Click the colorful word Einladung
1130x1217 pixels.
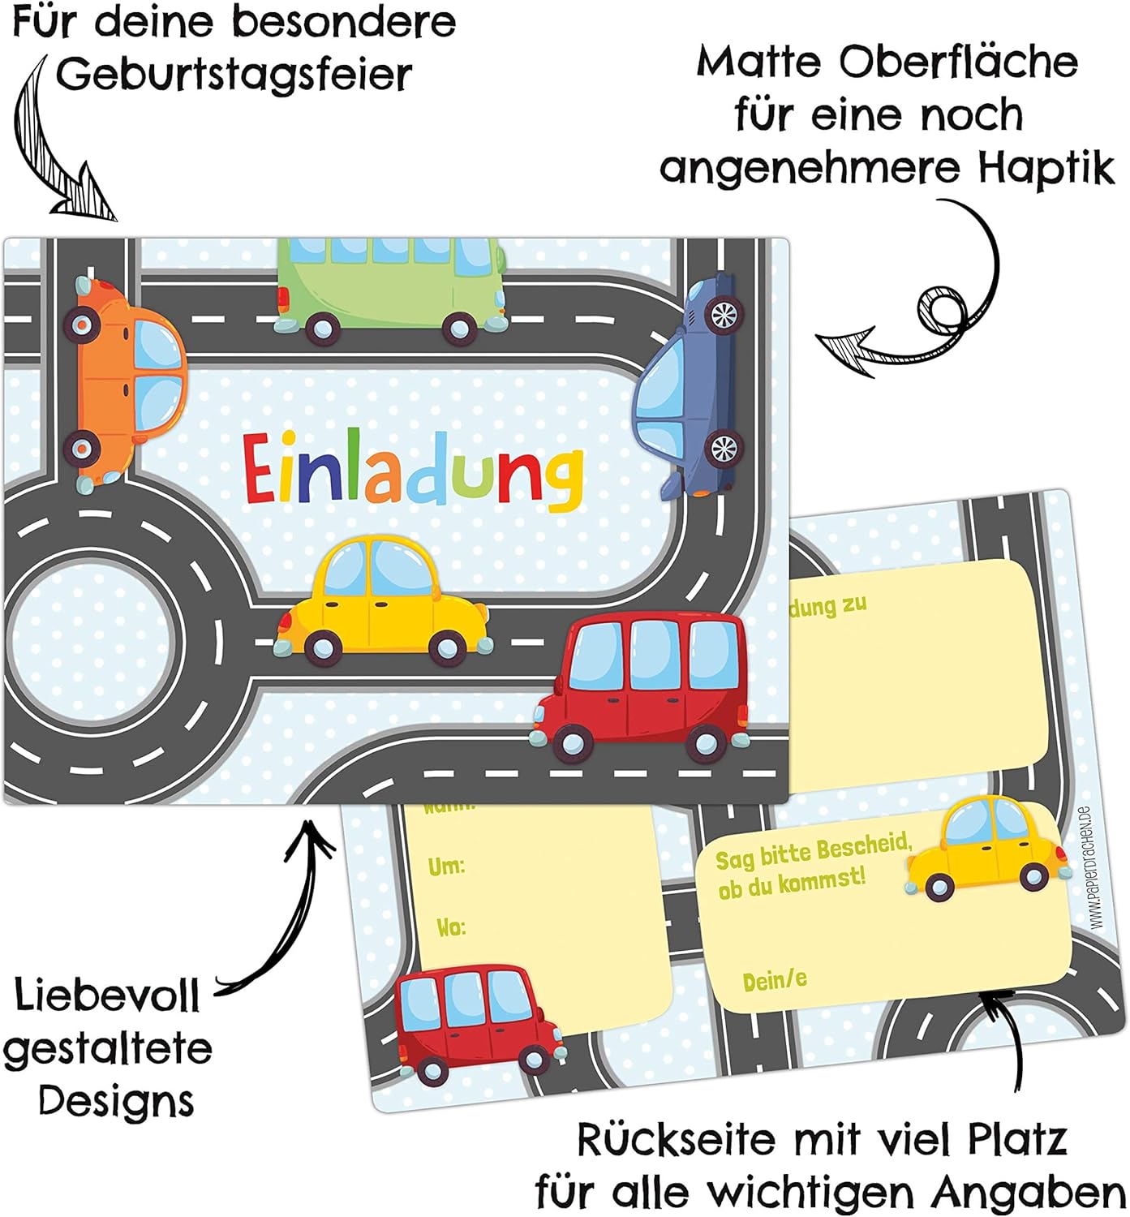[x=413, y=471]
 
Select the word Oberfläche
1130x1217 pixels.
[x=958, y=63]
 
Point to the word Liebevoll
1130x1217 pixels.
[x=107, y=996]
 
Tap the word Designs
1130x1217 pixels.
[x=116, y=1102]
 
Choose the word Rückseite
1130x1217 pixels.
[x=677, y=1141]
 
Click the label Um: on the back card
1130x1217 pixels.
[x=446, y=867]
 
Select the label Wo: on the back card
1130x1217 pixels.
[x=451, y=927]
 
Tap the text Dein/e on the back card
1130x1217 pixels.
[x=775, y=981]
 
